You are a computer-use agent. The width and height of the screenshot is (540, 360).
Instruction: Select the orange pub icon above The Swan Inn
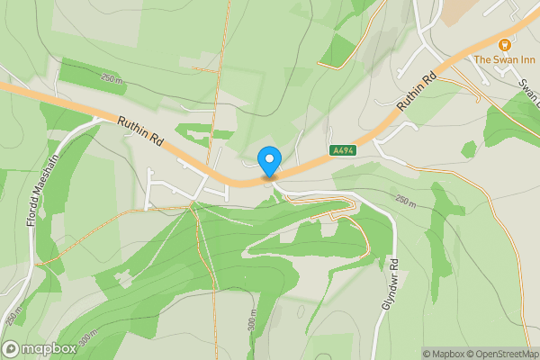click(x=505, y=43)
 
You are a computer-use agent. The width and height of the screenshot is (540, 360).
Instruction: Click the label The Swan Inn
click(x=505, y=59)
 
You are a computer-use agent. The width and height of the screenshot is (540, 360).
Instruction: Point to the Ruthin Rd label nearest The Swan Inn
click(x=417, y=93)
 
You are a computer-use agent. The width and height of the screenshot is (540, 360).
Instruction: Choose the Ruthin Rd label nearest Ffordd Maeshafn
click(x=139, y=131)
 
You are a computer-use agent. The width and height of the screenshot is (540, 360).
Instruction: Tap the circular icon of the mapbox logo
click(x=12, y=349)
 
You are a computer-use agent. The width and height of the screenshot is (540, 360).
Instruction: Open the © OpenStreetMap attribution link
click(x=504, y=354)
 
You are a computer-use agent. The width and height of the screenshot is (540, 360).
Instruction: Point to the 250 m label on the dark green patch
click(x=111, y=80)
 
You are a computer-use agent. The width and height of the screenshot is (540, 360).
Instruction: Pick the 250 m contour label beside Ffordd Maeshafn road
click(x=12, y=316)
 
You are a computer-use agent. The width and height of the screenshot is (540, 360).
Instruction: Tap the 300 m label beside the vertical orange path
click(x=254, y=321)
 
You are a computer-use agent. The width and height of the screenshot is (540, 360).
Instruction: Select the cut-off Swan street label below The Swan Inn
click(x=526, y=85)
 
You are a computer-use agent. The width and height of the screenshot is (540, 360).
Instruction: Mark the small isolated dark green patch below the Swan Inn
click(x=468, y=149)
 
